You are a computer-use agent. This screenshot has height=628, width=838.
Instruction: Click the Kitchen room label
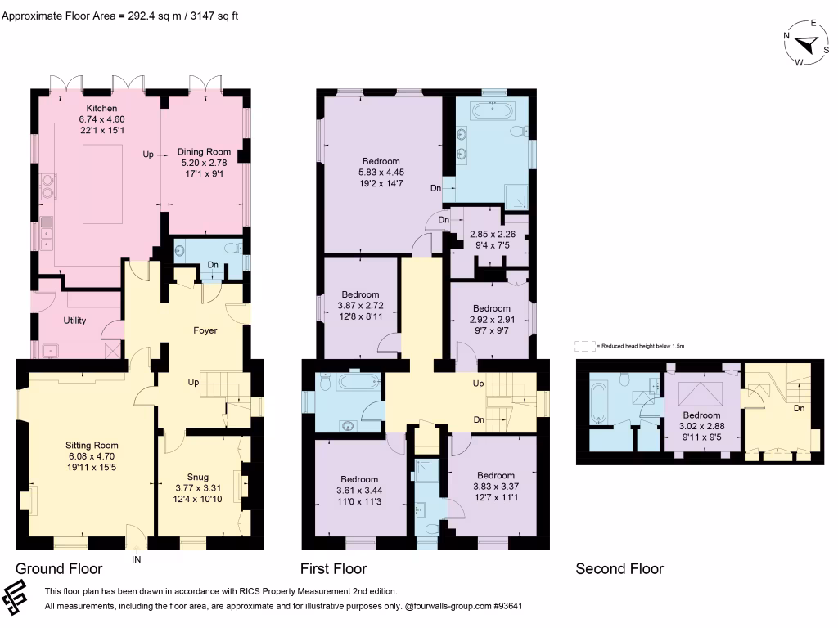coord(102,108)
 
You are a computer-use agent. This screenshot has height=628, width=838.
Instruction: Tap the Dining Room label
coord(204,152)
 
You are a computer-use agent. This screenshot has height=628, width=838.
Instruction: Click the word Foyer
coord(205,330)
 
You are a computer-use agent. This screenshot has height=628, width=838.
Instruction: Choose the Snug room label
coord(197,477)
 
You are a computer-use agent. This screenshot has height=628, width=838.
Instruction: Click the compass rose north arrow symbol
coord(809,45)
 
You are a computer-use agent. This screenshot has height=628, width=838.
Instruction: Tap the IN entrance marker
coord(136,559)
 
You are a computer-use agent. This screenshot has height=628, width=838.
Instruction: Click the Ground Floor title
coord(59,569)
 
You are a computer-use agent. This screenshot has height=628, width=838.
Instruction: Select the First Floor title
coord(333,569)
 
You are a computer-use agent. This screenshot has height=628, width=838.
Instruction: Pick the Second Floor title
coord(619,569)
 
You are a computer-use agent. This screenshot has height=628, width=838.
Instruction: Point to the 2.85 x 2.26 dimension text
coord(492,234)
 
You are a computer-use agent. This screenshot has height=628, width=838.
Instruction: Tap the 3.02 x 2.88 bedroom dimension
coord(703,426)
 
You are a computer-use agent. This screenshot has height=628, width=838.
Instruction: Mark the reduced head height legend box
coord(584,346)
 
